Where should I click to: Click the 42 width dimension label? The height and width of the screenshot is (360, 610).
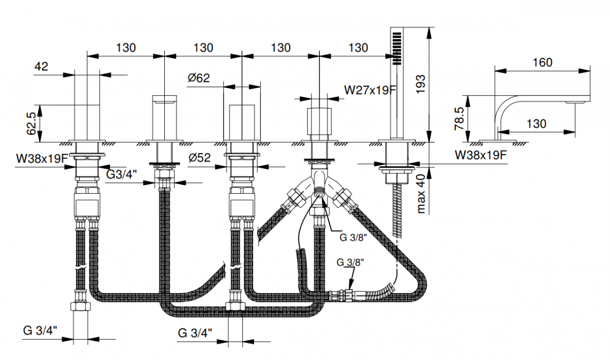41,66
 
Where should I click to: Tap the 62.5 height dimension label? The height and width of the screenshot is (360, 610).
33,124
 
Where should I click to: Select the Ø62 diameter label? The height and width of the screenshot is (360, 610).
199,78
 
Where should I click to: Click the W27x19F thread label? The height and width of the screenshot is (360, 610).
370,90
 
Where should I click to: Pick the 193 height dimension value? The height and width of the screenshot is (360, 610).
421,85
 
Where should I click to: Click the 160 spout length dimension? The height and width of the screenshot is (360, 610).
543,63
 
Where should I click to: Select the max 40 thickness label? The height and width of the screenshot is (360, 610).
421,193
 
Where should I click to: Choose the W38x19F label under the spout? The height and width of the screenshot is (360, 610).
480,155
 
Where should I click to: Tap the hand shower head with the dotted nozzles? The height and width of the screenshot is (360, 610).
396,48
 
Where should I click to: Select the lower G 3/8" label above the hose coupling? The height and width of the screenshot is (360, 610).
350,263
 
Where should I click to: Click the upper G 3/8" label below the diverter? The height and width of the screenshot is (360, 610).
352,238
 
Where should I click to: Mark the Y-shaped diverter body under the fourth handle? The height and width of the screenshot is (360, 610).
319,185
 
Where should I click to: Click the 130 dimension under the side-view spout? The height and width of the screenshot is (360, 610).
536,124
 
